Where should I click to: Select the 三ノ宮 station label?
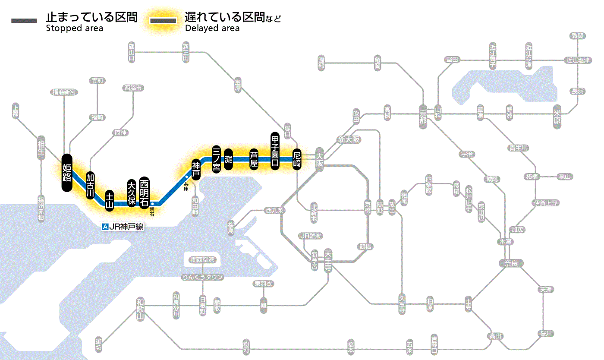[217, 159]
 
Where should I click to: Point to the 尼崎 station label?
[297, 159]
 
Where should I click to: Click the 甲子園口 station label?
[275, 150]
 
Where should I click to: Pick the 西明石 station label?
[144, 192]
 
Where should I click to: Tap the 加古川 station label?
[90, 186]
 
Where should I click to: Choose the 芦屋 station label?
[254, 159]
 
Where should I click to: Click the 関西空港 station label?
[203, 260]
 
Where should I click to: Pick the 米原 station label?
[559, 117]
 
